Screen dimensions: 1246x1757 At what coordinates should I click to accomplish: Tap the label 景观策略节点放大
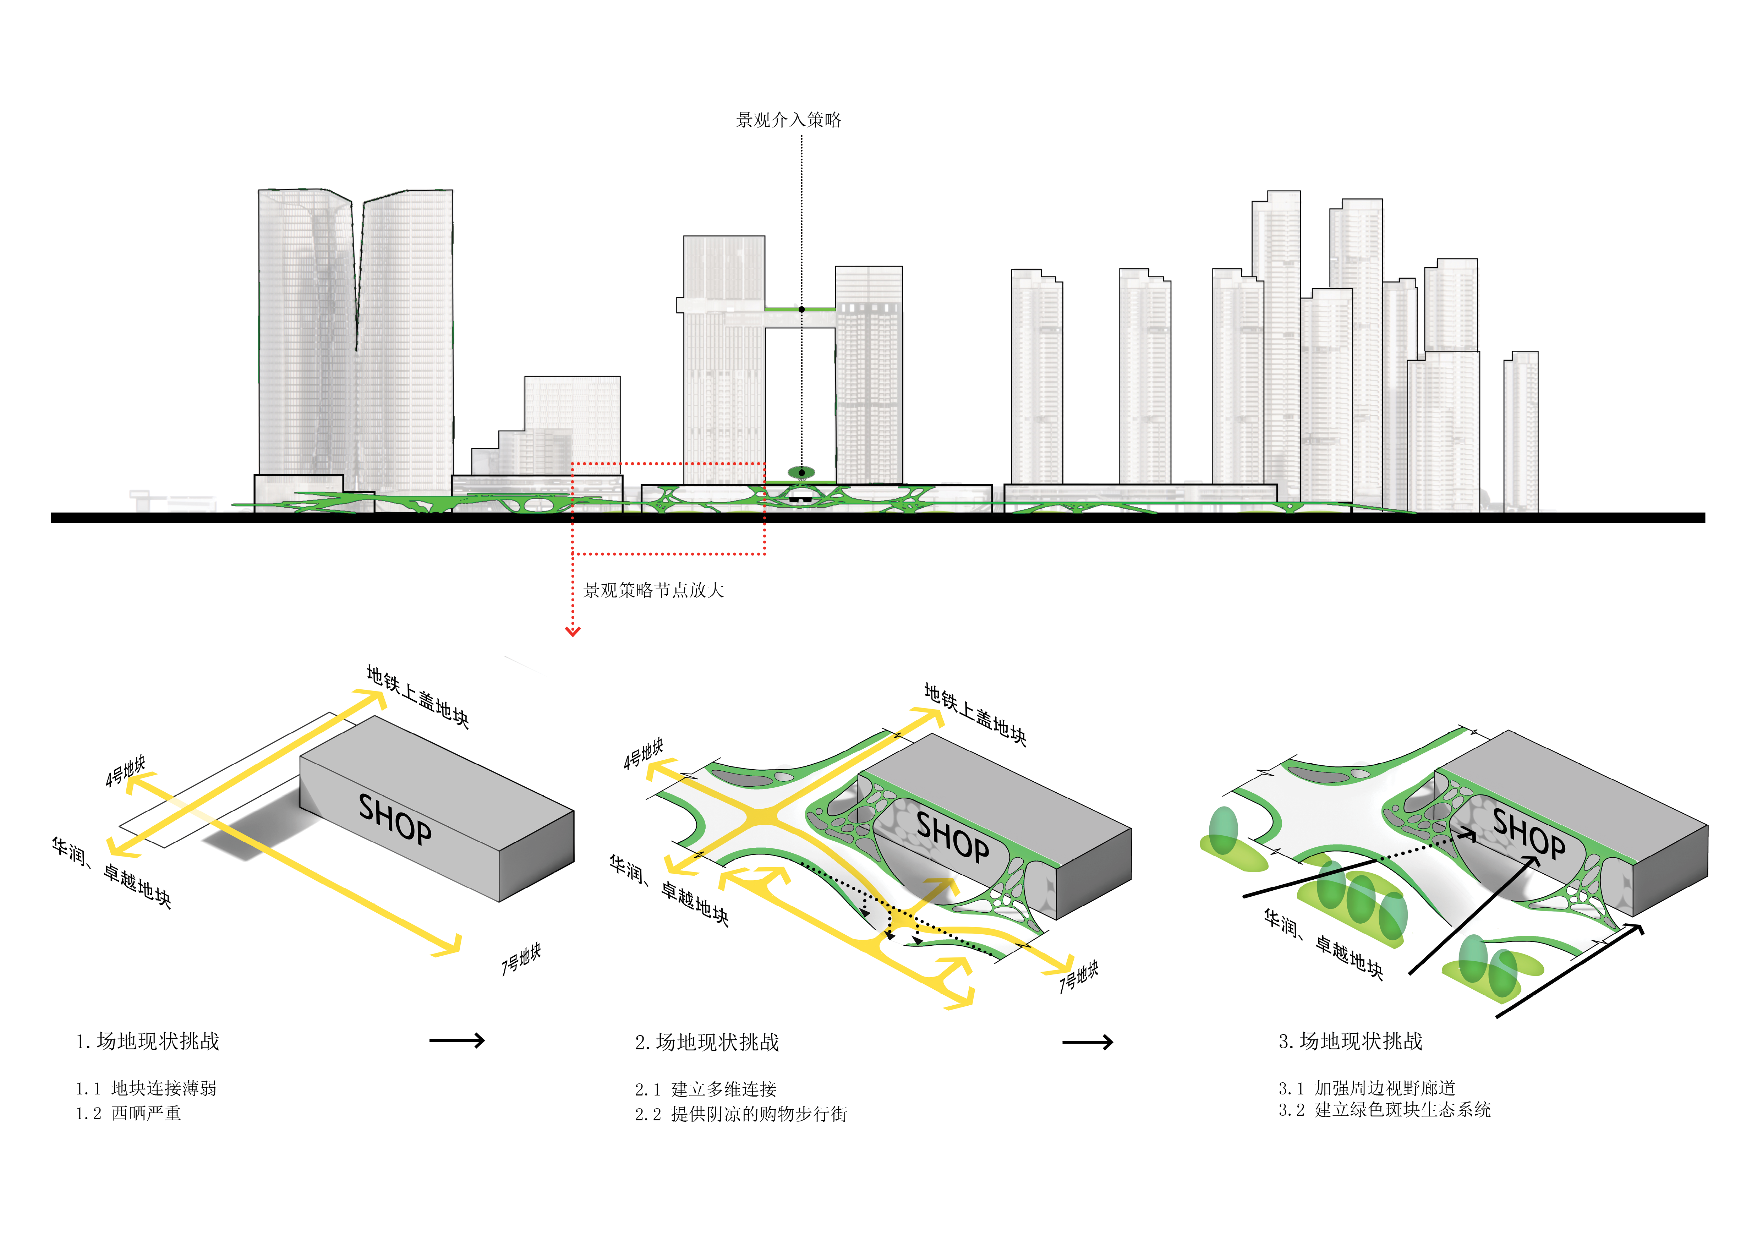pyautogui.click(x=654, y=590)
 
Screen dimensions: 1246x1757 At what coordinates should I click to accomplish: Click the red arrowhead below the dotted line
pyautogui.click(x=573, y=632)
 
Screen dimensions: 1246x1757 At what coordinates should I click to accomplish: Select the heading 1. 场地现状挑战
pyautogui.click(x=147, y=1041)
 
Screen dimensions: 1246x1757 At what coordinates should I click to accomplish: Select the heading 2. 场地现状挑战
pyautogui.click(x=707, y=1042)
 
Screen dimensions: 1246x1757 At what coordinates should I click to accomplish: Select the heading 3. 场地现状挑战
pyautogui.click(x=1350, y=1041)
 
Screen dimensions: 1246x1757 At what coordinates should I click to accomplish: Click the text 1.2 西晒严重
pyautogui.click(x=128, y=1113)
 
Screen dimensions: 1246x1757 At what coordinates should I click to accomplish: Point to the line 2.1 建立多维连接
pyautogui.click(x=706, y=1089)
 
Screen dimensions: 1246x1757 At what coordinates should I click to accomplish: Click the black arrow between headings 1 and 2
pyautogui.click(x=457, y=1040)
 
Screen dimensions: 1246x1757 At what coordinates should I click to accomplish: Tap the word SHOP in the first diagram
pyautogui.click(x=395, y=819)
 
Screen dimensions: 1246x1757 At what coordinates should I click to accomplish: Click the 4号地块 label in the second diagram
pyautogui.click(x=643, y=754)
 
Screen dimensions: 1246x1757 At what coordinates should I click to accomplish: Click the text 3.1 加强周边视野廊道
pyautogui.click(x=1367, y=1088)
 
